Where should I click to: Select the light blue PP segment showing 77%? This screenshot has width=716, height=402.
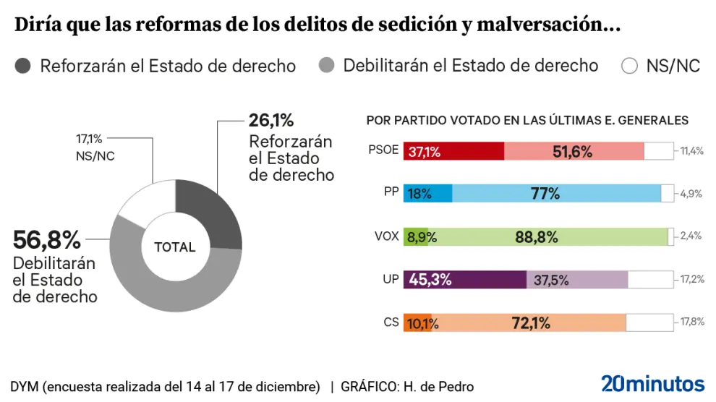tap(556, 194)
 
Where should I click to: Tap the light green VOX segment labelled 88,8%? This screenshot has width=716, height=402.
tap(547, 236)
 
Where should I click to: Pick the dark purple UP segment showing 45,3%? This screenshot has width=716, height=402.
tap(465, 280)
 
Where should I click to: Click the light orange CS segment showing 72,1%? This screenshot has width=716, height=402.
tap(529, 322)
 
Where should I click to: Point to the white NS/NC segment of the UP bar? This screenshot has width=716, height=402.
tap(650, 280)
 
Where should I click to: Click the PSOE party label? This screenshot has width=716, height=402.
tap(383, 151)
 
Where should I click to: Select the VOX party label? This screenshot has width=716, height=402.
tap(386, 236)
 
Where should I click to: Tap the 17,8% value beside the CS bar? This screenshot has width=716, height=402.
tap(692, 322)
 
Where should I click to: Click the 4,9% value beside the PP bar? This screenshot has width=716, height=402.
tap(692, 194)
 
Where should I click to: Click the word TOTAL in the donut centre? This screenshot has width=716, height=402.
tap(175, 247)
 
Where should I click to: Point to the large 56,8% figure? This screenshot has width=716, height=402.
tap(46, 239)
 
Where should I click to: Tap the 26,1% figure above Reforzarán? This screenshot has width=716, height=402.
tap(271, 120)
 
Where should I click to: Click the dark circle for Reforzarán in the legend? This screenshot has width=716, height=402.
tap(23, 66)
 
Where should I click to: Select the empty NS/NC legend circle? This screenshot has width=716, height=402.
tap(629, 66)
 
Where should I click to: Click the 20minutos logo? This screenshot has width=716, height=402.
tap(652, 384)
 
